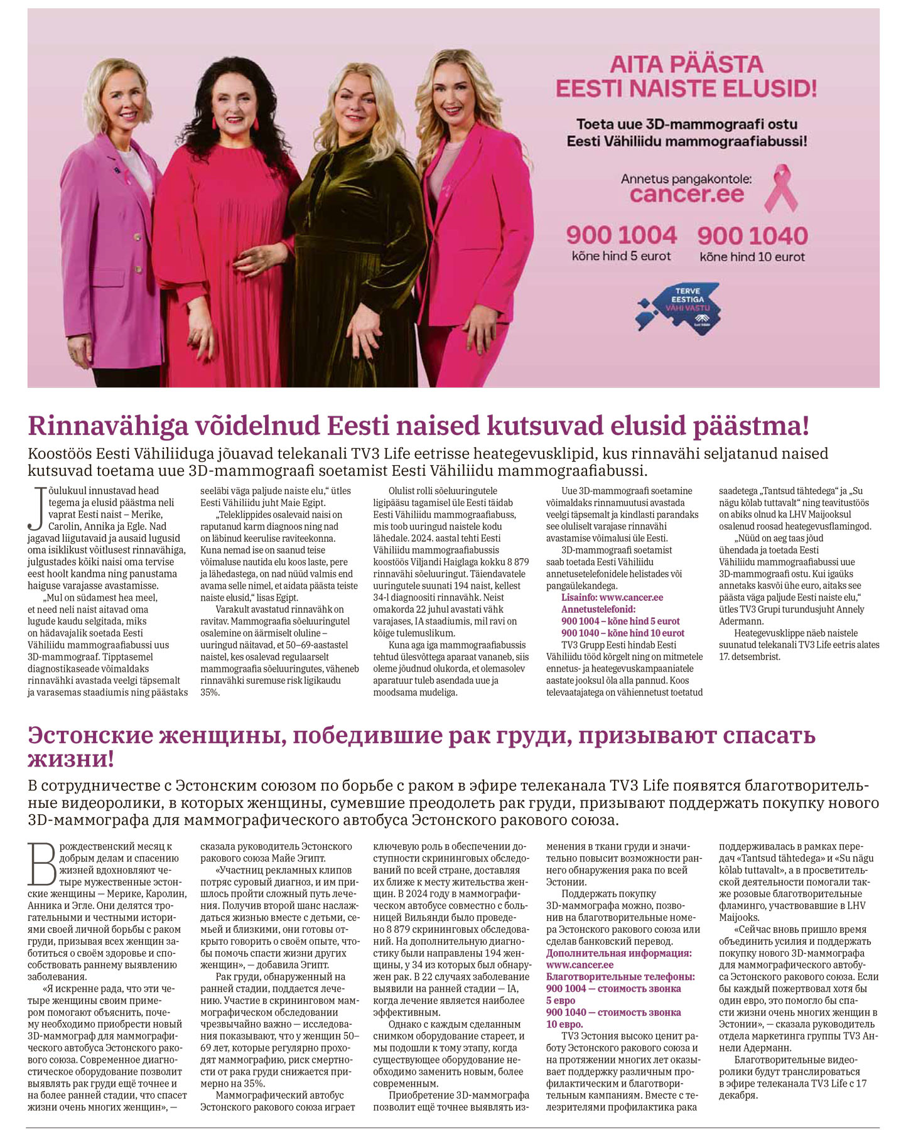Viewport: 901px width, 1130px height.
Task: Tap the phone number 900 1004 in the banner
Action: tap(622, 235)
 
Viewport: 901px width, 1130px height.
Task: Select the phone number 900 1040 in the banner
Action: tap(752, 236)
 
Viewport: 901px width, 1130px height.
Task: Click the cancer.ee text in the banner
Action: tap(687, 194)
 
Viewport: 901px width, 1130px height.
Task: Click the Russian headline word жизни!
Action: tap(71, 759)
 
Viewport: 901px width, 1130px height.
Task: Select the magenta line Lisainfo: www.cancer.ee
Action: tap(612, 597)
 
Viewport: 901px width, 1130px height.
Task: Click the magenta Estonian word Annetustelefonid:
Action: tap(598, 609)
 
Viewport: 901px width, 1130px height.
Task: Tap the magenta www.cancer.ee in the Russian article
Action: tap(580, 965)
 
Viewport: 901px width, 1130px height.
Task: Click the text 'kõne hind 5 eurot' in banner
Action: tap(621, 256)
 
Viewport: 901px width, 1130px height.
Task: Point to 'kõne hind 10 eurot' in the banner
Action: tap(752, 257)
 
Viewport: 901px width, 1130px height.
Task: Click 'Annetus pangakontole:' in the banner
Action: tap(686, 179)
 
